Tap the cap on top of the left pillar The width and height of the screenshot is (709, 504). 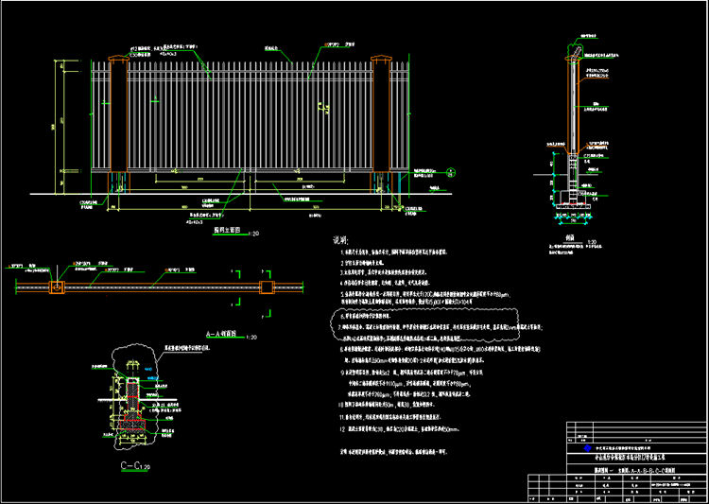[x=119, y=61]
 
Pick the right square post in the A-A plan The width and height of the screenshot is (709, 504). [x=268, y=287]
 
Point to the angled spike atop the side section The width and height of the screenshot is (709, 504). [x=574, y=47]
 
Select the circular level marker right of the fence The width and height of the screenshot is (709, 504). [x=444, y=172]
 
